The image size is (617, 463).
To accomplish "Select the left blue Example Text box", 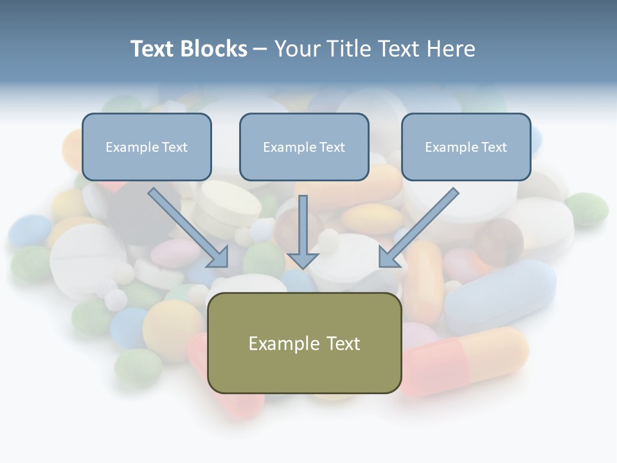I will point(147,147).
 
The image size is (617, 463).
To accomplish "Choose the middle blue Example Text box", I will point(304,147).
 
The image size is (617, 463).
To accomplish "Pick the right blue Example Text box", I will point(466,147).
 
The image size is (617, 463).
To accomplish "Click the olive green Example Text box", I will point(304,343).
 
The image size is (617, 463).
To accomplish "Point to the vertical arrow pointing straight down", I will point(303,232).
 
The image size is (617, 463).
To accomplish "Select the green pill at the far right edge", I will point(586,208).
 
